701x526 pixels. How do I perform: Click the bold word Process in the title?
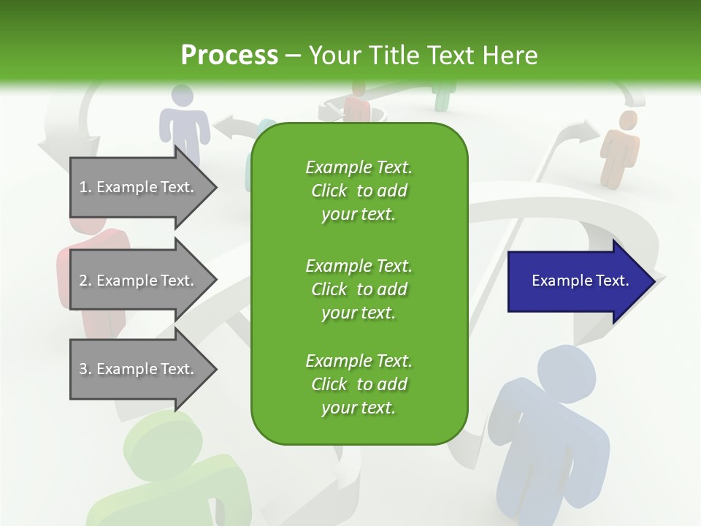229,56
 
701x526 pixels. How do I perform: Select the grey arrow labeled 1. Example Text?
139,187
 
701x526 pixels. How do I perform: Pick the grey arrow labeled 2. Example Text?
139,281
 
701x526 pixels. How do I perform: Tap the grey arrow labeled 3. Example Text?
139,369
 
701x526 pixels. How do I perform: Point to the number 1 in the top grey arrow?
83,187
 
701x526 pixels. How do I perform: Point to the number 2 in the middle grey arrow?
83,281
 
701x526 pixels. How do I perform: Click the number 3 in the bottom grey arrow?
83,369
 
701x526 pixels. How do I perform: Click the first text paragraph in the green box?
359,191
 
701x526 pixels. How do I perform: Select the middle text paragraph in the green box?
359,289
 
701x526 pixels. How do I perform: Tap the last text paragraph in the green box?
359,384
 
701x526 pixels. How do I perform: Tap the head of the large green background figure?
162,438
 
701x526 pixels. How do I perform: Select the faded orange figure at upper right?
620,146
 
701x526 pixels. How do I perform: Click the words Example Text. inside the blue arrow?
581,281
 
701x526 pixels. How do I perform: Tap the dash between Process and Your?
293,56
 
